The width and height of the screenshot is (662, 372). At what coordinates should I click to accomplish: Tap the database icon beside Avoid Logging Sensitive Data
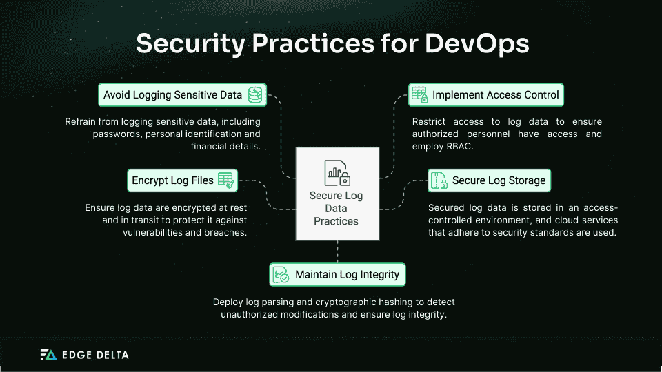click(x=255, y=94)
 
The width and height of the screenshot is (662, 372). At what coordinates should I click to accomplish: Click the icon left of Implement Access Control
click(x=419, y=94)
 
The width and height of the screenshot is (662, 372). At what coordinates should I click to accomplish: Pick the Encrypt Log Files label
click(x=173, y=180)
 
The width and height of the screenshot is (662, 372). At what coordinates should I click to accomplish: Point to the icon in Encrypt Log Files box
click(x=226, y=180)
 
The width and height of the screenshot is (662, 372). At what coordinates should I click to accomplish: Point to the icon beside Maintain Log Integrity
click(x=281, y=274)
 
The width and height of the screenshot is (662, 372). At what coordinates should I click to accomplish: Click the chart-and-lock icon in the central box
click(x=337, y=173)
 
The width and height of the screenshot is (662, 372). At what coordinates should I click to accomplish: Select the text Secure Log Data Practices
click(x=336, y=209)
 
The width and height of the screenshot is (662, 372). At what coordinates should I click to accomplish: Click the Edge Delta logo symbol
click(x=48, y=355)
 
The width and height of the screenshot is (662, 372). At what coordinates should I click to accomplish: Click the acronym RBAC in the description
click(x=470, y=146)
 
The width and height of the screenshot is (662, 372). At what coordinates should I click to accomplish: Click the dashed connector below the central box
click(x=337, y=251)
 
